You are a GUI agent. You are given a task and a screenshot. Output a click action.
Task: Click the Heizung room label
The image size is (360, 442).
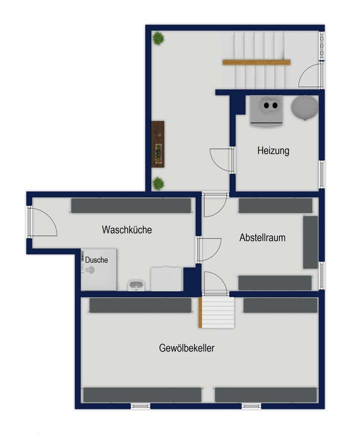tap(273, 150)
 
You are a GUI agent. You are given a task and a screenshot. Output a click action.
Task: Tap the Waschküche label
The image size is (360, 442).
tap(126, 230)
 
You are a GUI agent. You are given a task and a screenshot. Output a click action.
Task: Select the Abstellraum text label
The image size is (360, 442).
tap(262, 238)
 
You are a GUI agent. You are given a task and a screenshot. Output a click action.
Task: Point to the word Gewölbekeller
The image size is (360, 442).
tap(187, 348)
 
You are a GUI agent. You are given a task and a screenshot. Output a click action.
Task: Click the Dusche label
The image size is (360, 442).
tap(96, 260)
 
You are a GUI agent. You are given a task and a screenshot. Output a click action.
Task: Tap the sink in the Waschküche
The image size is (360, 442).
tap(136, 285)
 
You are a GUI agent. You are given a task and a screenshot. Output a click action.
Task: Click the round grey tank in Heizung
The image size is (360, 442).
tap(304, 107)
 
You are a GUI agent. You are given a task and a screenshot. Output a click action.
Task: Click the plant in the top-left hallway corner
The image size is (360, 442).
tap(158, 38)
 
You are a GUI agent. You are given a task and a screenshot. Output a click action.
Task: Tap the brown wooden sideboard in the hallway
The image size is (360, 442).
tap(158, 144)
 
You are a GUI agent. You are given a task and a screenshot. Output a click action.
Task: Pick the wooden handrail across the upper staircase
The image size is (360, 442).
tap(256, 62)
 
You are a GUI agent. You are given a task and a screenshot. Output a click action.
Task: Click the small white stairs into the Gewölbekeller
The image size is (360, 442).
tap(217, 312)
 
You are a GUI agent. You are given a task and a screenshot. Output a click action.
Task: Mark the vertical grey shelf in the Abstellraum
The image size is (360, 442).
tap(310, 242)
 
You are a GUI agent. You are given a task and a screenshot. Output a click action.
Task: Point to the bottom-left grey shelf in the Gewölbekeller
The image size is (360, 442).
tap(142, 395)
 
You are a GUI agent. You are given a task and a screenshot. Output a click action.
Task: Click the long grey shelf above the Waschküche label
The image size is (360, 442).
tap(131, 206)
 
